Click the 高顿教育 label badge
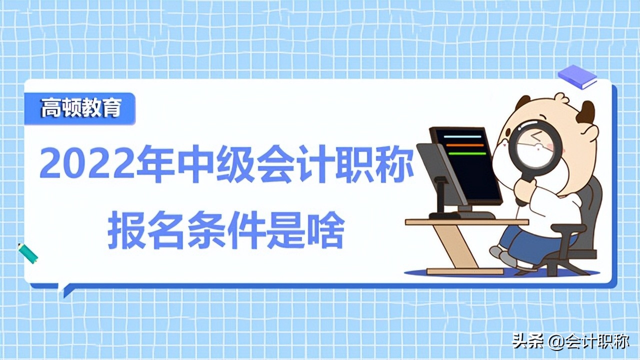pyautogui.click(x=80, y=108)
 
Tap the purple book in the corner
pyautogui.click(x=577, y=76)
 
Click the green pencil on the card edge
pyautogui.click(x=28, y=253)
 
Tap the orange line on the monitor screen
pyautogui.click(x=464, y=145)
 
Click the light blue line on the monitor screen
pyautogui.click(x=462, y=136)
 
